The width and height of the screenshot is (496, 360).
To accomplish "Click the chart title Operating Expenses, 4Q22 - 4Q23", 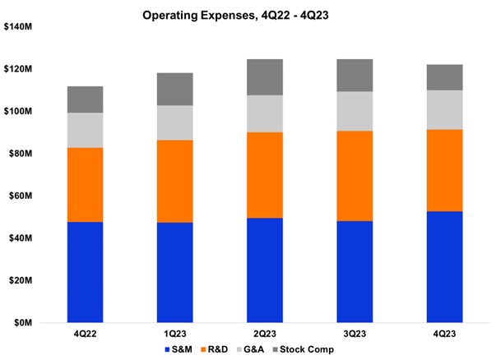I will coord(247,15).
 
